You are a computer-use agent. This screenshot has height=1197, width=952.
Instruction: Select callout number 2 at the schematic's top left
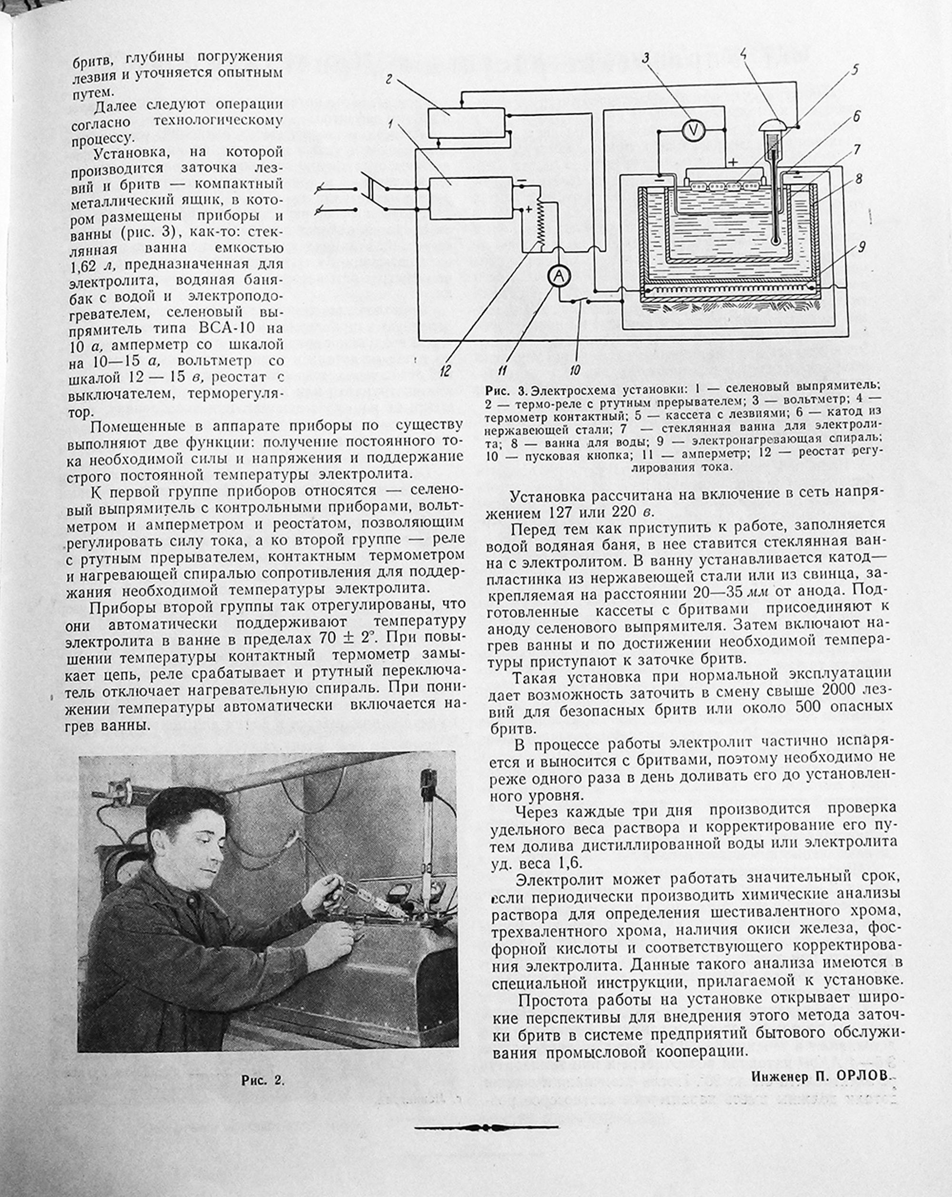pyautogui.click(x=389, y=80)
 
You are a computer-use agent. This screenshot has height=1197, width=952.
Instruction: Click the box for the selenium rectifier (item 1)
pyautogui.click(x=471, y=198)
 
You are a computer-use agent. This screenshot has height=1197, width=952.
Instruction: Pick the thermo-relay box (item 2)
pyautogui.click(x=466, y=122)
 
